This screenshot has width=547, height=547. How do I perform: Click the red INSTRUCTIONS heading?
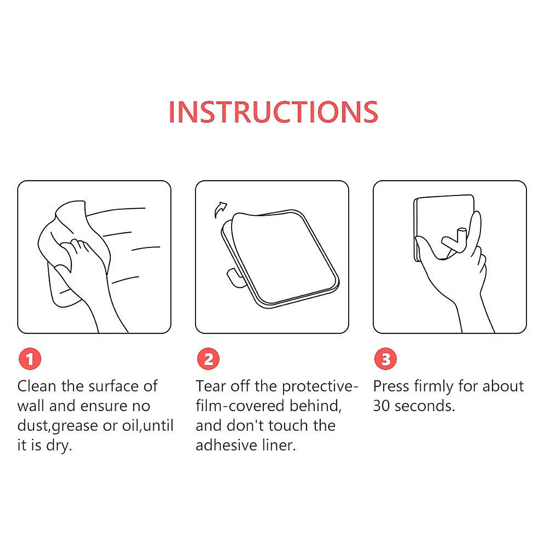(x=273, y=112)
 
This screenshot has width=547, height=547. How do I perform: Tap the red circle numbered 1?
(x=30, y=359)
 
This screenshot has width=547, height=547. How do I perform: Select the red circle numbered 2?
(x=208, y=359)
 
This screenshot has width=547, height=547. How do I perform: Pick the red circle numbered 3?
(x=386, y=359)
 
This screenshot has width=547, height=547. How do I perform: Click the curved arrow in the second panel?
(x=220, y=210)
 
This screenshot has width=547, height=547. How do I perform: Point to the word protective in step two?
(x=316, y=387)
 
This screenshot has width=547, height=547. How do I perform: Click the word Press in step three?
(x=391, y=386)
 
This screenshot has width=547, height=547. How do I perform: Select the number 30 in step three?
(x=382, y=406)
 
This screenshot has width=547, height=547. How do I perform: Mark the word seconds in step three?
(x=423, y=406)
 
